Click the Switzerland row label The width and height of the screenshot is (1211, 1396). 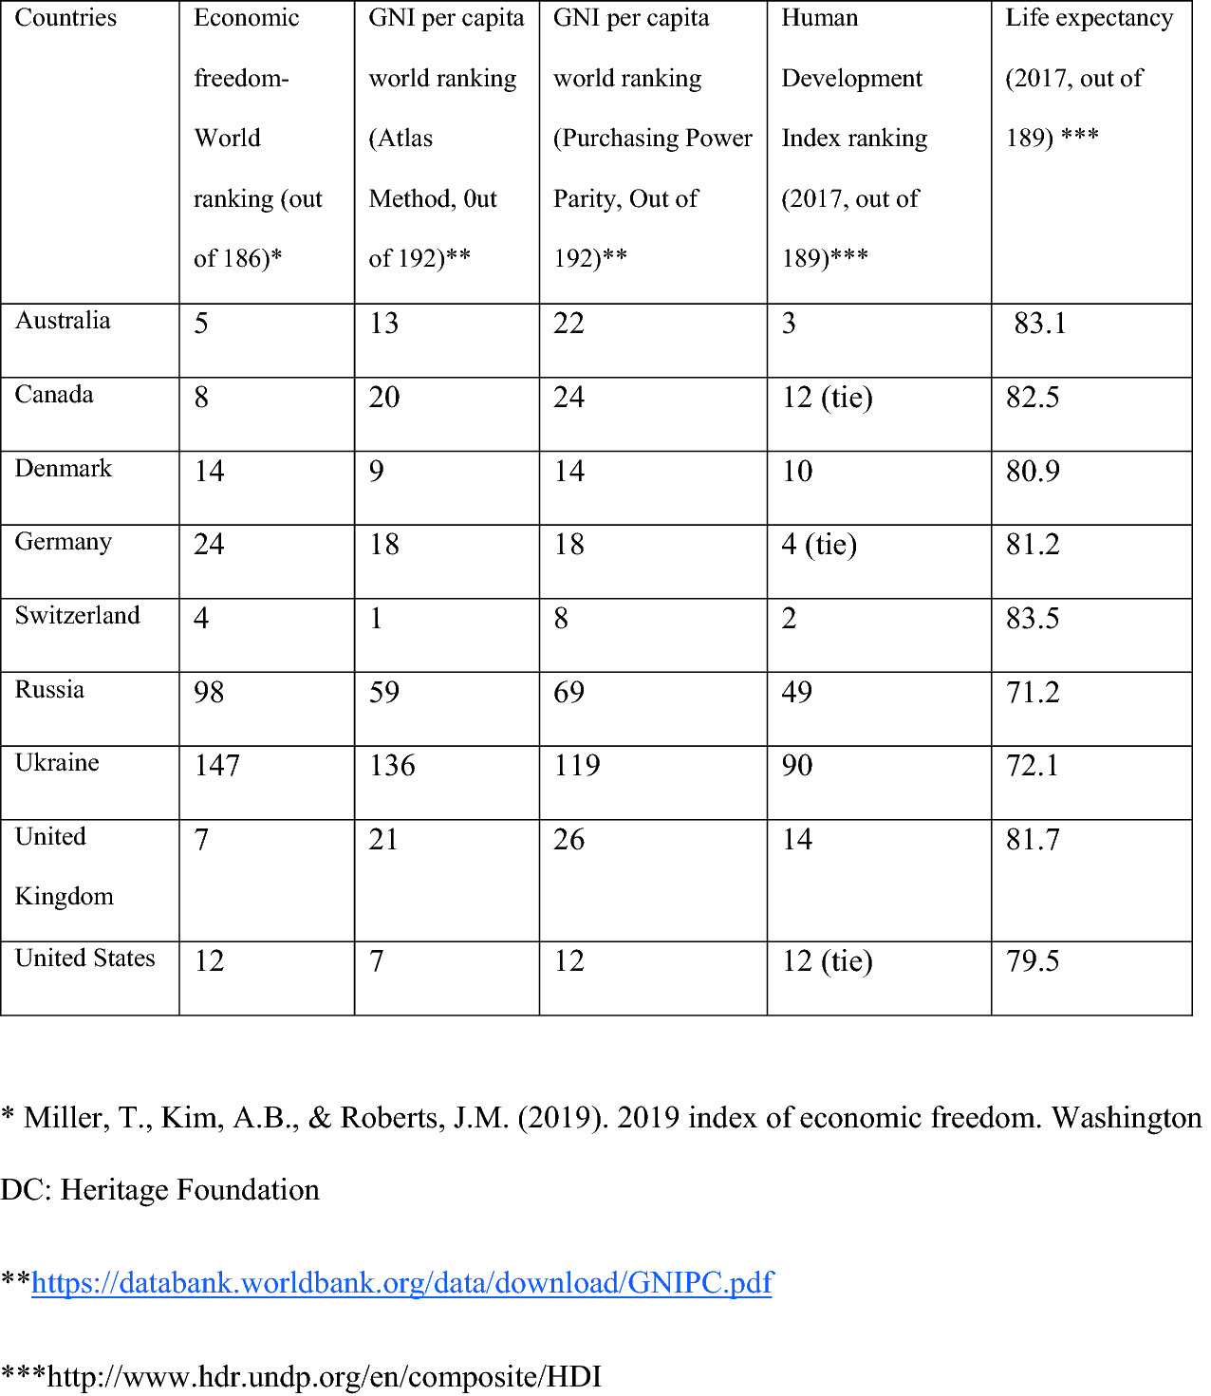coord(77,616)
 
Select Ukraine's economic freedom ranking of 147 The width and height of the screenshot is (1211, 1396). coord(216,766)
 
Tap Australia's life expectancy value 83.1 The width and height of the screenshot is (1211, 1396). coord(1040,324)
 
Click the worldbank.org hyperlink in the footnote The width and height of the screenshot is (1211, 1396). coord(402,1283)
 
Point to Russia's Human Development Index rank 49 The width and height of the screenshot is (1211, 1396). coord(796,692)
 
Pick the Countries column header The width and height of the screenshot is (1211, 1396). coord(65,18)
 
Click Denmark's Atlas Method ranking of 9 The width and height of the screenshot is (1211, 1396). coord(377,471)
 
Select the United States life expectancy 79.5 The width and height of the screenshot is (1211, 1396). coord(1033,961)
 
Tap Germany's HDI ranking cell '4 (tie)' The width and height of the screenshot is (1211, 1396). coord(819,545)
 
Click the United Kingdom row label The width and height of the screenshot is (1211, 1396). coord(64,866)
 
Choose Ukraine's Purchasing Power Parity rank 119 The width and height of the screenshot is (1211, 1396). coord(577,766)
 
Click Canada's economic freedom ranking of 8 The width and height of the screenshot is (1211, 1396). coord(201,397)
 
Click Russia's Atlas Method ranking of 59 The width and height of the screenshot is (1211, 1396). coord(384,692)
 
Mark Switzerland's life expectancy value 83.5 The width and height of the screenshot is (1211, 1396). coord(1033,618)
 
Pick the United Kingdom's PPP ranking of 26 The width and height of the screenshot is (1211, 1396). coord(568,840)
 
